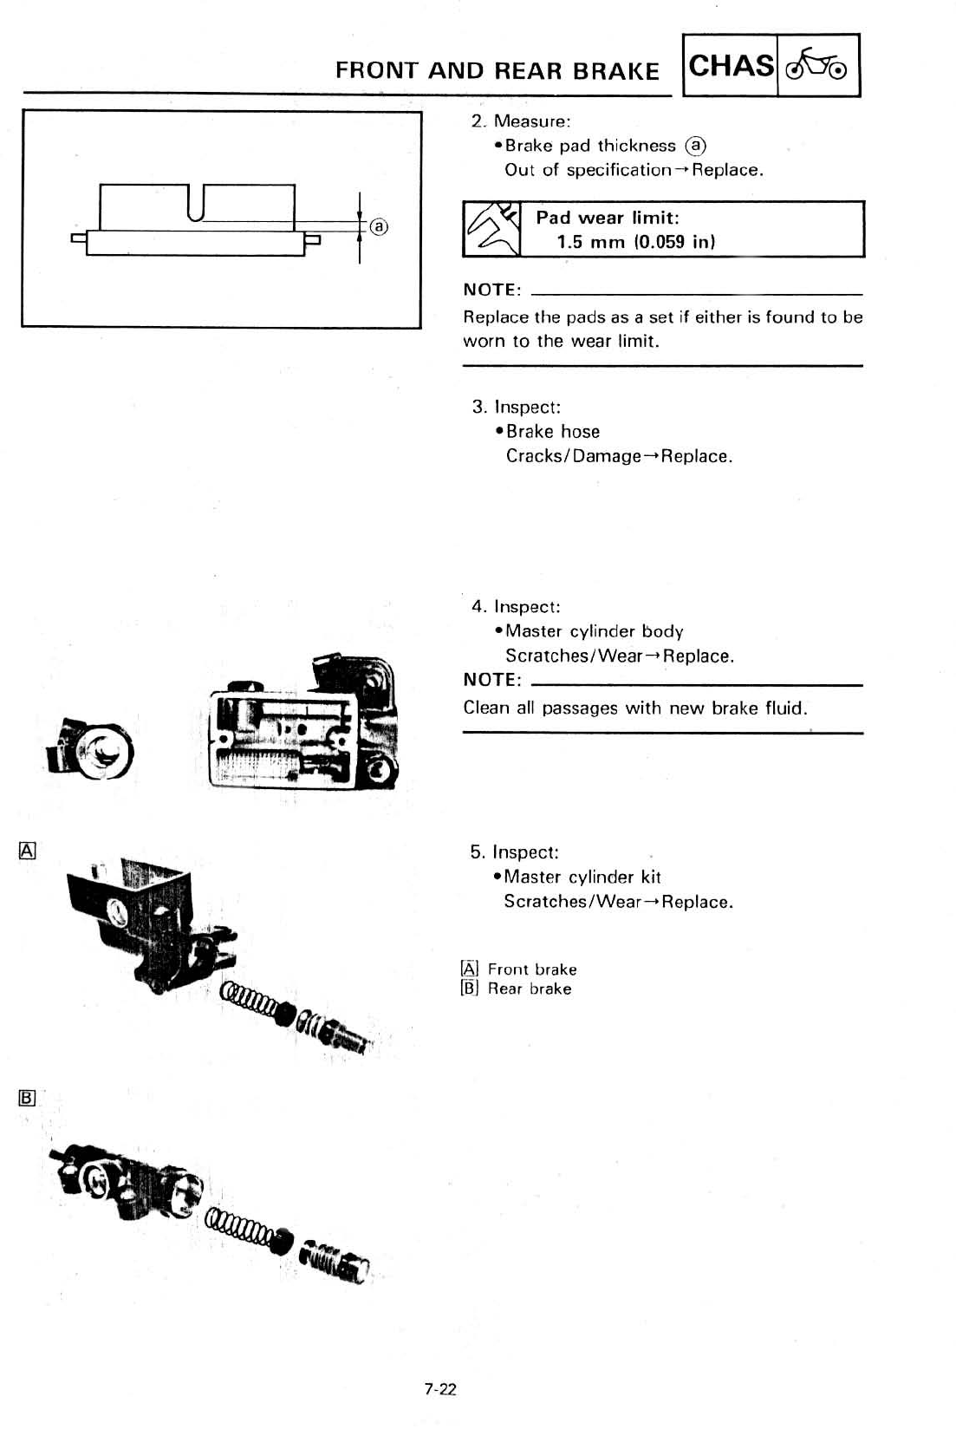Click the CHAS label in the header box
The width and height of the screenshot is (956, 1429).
(731, 66)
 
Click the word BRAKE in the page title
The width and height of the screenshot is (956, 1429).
(620, 71)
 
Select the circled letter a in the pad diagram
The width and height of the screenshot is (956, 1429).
(379, 227)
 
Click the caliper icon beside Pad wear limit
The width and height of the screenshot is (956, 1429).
(491, 229)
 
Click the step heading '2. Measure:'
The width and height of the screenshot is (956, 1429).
(521, 121)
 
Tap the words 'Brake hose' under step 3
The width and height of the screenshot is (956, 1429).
(553, 432)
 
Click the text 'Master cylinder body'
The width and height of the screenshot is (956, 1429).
(595, 631)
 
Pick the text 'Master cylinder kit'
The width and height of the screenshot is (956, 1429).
(582, 877)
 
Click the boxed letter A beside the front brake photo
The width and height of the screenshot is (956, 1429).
(27, 850)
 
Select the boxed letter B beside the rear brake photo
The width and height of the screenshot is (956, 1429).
(27, 1098)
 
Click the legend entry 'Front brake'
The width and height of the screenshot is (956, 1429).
(532, 969)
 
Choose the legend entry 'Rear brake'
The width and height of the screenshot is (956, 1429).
(530, 989)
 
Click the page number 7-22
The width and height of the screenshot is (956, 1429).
(439, 1389)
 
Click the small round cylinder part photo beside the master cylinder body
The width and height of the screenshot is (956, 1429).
(93, 747)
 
